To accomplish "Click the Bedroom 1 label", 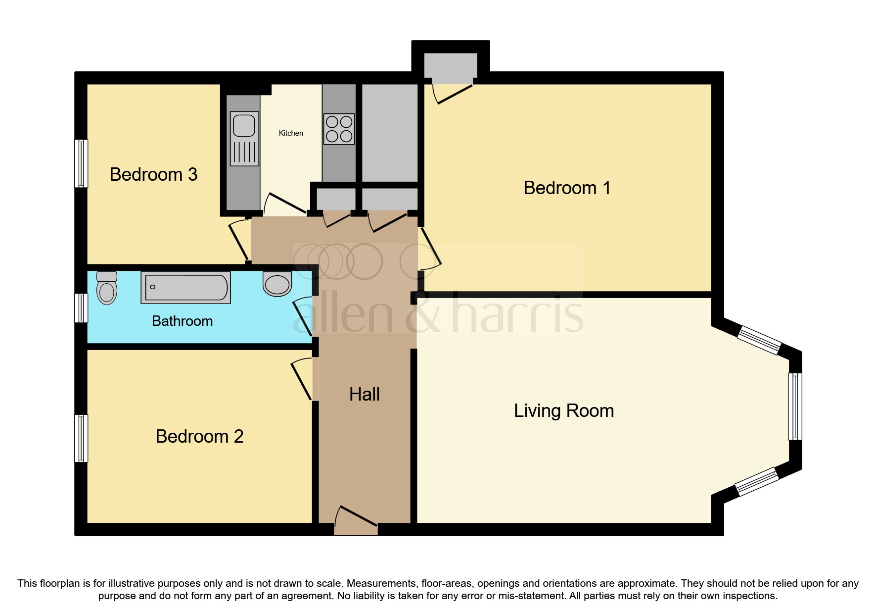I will pos(567,188).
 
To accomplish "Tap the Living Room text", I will pos(564,411).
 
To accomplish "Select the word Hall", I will pos(365,395).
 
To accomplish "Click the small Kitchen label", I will pos(291,133).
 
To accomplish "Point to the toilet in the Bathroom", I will pos(107,288).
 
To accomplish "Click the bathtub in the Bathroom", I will pos(186,287).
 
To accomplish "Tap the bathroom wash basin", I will pos(277,284).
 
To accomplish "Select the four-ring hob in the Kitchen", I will pos(339,129).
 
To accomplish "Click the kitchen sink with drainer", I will pos(245,138).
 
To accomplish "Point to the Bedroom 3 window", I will pos(81,163).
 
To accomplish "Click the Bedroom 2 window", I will pos(81,438).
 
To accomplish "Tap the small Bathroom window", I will pos(81,307).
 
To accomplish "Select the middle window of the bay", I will pos(794,406).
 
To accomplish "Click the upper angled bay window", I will pos(759,340).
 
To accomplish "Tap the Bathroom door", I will pos(302,317).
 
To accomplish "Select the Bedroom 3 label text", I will pos(153,175).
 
